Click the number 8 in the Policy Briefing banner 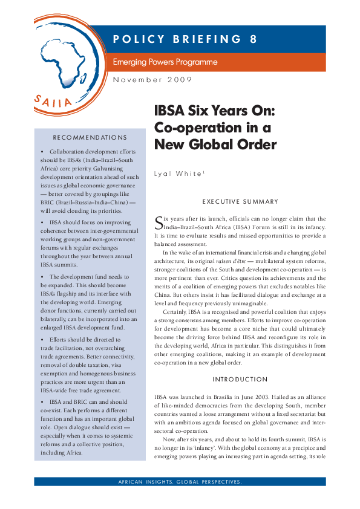(253, 40)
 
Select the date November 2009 (153, 80)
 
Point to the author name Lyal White (179, 173)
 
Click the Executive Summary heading (240, 201)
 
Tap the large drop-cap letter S (160, 221)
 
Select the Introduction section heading (240, 379)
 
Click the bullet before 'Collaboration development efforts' (41, 152)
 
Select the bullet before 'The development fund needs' (41, 276)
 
